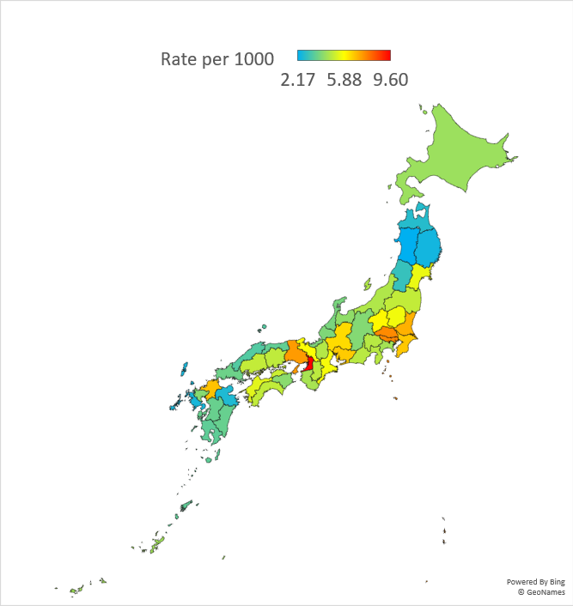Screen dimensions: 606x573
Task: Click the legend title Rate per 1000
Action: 217,59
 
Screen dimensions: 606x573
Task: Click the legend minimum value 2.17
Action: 297,80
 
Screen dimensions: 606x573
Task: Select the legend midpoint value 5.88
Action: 344,80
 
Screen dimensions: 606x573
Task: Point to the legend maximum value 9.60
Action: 390,80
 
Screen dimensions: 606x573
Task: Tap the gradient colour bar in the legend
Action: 344,55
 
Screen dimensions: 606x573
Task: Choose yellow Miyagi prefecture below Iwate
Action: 420,276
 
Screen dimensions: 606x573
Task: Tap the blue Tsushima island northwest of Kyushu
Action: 184,370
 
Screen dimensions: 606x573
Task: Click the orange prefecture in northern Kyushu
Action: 211,388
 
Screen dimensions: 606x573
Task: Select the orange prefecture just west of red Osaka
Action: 295,353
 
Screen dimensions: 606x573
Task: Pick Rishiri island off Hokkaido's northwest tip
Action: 423,109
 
